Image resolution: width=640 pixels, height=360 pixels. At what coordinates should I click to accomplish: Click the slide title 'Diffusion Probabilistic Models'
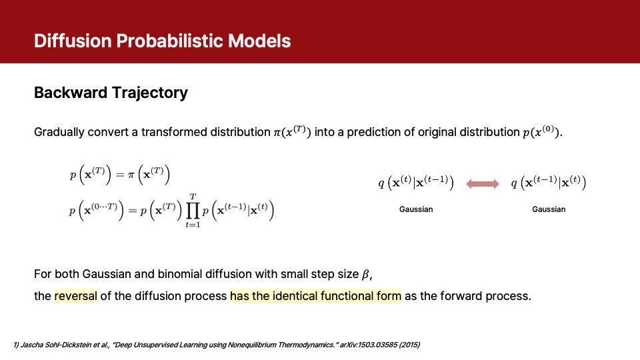[163, 41]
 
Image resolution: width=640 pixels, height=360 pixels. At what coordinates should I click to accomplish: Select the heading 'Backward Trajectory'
[111, 93]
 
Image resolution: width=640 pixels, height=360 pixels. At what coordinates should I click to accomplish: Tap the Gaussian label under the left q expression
[416, 209]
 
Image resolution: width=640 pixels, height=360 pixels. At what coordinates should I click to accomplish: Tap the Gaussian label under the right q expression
[549, 209]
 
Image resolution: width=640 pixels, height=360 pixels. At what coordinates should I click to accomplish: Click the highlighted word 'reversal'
[76, 296]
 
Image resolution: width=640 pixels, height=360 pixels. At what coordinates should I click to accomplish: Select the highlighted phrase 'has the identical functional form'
[315, 296]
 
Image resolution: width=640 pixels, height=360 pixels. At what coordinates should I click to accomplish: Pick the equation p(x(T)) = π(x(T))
[120, 176]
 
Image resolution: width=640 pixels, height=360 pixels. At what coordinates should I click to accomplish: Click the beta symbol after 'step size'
[365, 275]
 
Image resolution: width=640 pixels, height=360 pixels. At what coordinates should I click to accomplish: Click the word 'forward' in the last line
[453, 296]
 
